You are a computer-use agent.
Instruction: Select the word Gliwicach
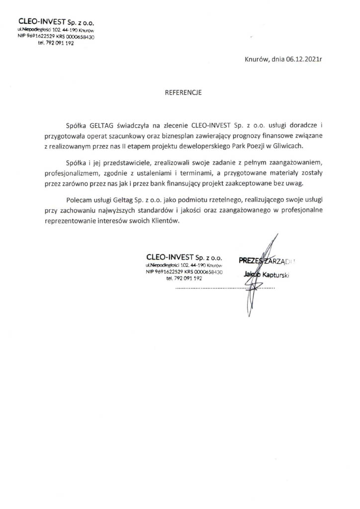(x=287, y=147)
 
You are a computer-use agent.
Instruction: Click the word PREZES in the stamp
(x=250, y=260)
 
